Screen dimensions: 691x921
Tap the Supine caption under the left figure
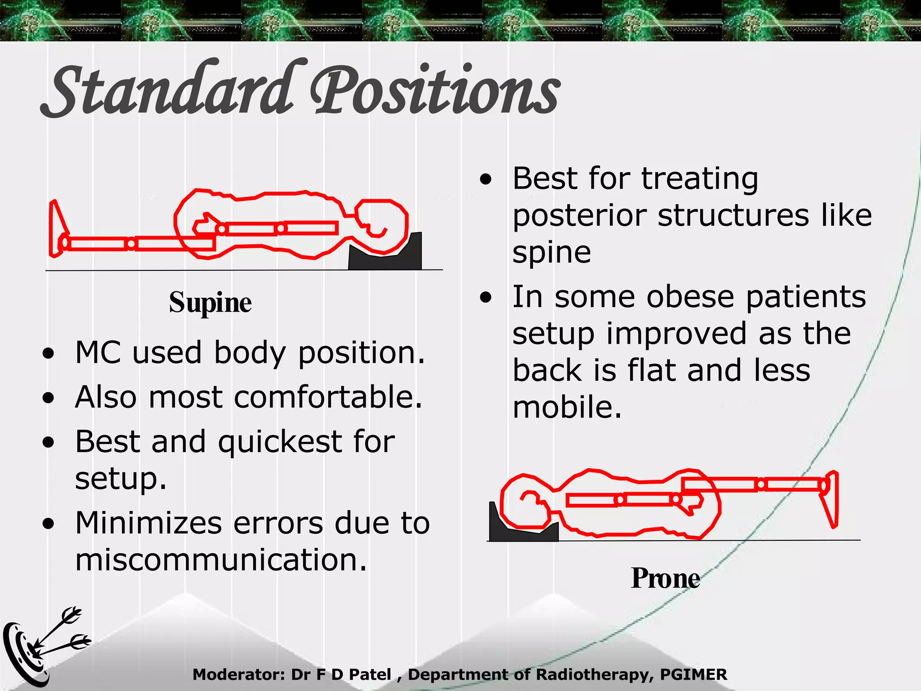click(210, 302)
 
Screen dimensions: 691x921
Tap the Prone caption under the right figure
click(665, 578)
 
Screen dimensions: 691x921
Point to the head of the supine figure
click(381, 225)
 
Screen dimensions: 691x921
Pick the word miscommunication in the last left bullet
click(221, 560)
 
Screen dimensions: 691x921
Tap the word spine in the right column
click(552, 253)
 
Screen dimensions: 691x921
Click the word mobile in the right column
click(567, 407)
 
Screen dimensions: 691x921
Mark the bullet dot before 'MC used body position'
click(49, 354)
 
